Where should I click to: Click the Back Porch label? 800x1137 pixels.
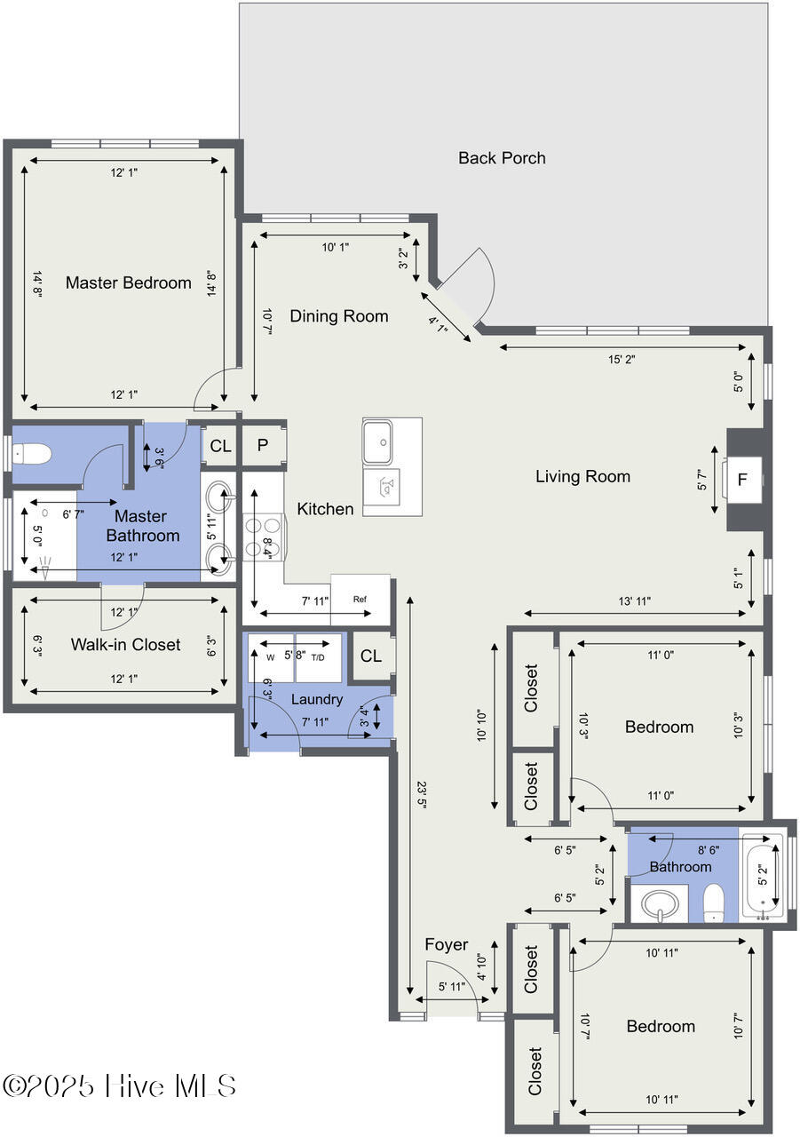pyautogui.click(x=502, y=158)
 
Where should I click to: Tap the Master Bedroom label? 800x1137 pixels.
pyautogui.click(x=129, y=282)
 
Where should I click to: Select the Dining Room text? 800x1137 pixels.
pyautogui.click(x=339, y=315)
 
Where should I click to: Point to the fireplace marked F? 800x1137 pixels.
pyautogui.click(x=741, y=479)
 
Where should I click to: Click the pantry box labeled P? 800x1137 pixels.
pyautogui.click(x=262, y=445)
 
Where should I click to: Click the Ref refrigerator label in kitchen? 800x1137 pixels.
pyautogui.click(x=360, y=599)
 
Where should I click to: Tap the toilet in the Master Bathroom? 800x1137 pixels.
pyautogui.click(x=31, y=454)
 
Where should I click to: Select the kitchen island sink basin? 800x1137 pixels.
pyautogui.click(x=377, y=441)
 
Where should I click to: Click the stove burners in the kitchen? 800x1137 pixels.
pyautogui.click(x=263, y=537)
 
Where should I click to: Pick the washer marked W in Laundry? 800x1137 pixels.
pyautogui.click(x=271, y=657)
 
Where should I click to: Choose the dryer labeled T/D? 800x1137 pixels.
pyautogui.click(x=318, y=657)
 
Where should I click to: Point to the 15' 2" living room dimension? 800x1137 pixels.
pyautogui.click(x=622, y=360)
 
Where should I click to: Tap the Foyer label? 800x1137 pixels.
pyautogui.click(x=447, y=944)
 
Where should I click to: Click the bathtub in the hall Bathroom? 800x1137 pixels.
pyautogui.click(x=763, y=876)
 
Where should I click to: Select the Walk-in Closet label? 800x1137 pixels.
pyautogui.click(x=125, y=644)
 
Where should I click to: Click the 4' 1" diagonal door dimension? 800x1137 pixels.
pyautogui.click(x=438, y=324)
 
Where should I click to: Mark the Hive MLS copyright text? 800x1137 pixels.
pyautogui.click(x=119, y=1085)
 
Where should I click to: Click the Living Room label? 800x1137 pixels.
pyautogui.click(x=582, y=476)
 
